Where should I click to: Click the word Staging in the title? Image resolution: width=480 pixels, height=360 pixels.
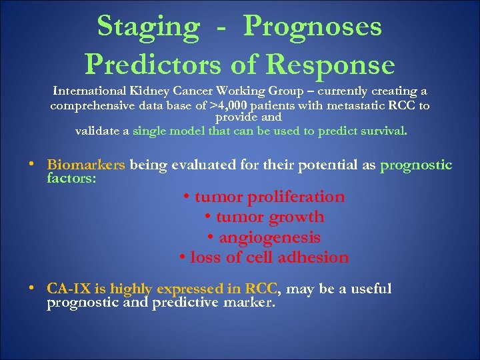(147, 27)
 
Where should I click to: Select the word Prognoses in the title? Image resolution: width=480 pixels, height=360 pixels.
(313, 27)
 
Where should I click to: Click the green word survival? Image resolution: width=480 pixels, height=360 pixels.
(380, 131)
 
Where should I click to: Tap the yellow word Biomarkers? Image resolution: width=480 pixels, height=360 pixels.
(86, 165)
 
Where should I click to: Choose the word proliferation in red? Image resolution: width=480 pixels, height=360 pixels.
(296, 197)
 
